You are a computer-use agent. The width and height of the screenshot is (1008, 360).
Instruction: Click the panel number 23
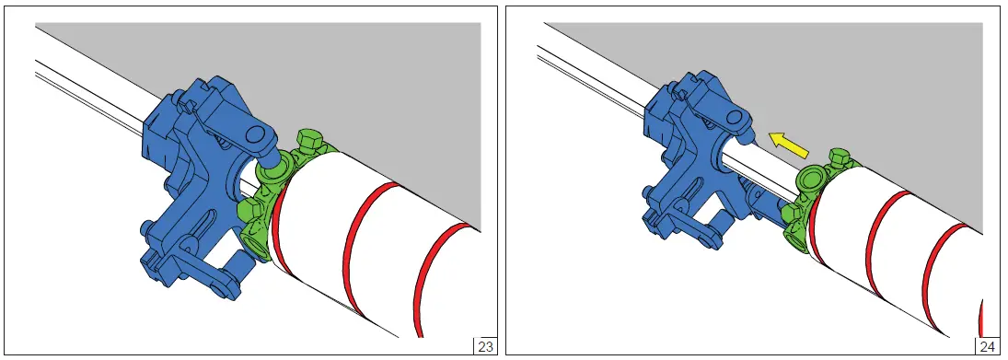click(485, 346)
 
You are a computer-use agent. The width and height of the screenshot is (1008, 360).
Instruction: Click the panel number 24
click(987, 346)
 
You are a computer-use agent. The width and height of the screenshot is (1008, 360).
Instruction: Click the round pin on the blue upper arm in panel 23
click(255, 135)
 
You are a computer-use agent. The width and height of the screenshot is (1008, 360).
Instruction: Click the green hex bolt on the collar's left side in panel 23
click(249, 210)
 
